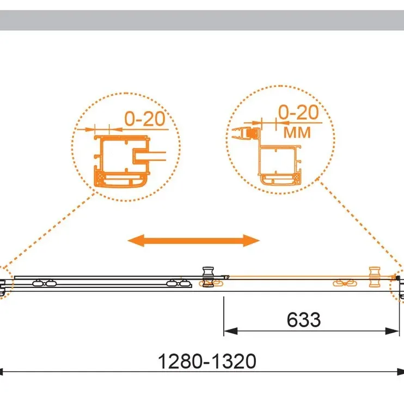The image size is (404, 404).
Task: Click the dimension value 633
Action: pyautogui.click(x=303, y=320)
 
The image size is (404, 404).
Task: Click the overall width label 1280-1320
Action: pyautogui.click(x=207, y=361)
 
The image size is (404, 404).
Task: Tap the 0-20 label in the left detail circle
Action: pyautogui.click(x=144, y=119)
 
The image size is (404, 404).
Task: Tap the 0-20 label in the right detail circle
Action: pyautogui.click(x=298, y=112)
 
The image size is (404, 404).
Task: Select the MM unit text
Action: pyautogui.click(x=297, y=132)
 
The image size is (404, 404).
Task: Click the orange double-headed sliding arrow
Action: pyautogui.click(x=193, y=241)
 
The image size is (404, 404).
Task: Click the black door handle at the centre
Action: pyautogui.click(x=208, y=277)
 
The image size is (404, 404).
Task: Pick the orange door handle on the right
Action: pyautogui.click(x=375, y=277)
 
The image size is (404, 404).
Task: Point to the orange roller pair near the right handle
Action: pyautogui.click(x=345, y=284)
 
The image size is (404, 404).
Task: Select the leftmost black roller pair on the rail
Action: pyautogui.click(x=45, y=283)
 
